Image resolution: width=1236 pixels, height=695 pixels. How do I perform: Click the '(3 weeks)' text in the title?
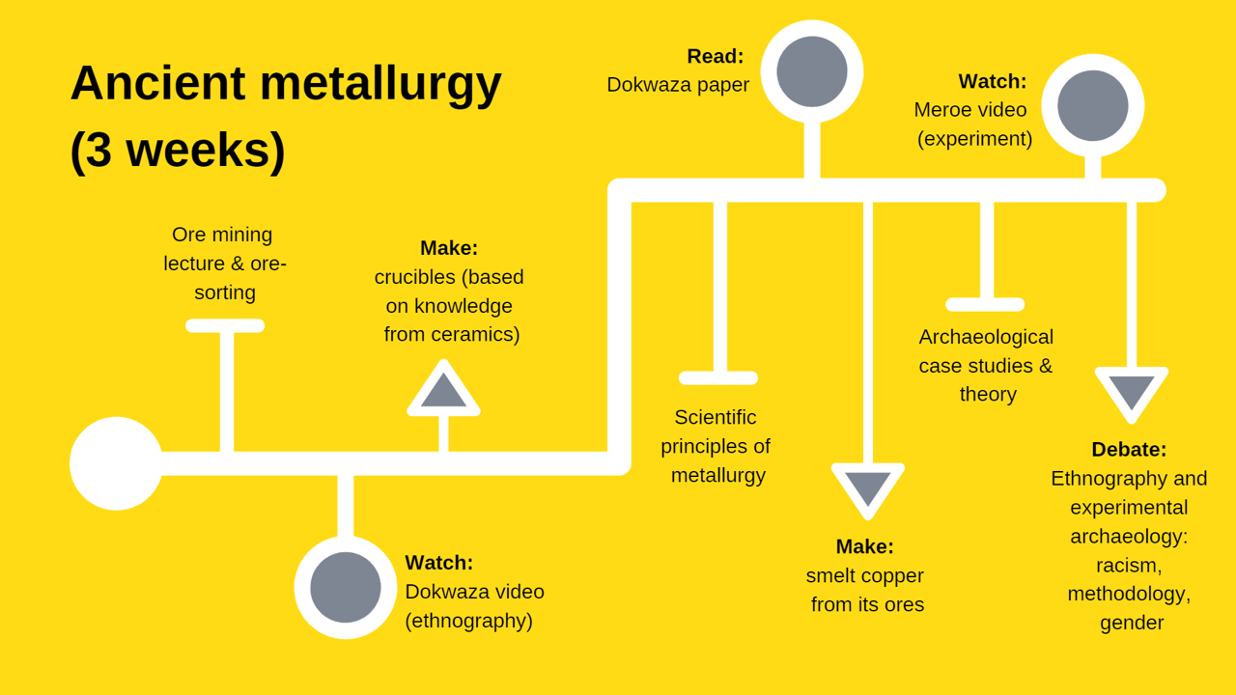[x=178, y=151]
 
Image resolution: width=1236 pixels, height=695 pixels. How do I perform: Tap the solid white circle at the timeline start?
[x=116, y=463]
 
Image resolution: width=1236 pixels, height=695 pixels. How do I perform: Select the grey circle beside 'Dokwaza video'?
[x=346, y=587]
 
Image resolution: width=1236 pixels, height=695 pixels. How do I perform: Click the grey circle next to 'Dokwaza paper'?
[x=812, y=71]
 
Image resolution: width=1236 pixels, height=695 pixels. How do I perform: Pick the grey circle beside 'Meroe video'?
[x=1093, y=105]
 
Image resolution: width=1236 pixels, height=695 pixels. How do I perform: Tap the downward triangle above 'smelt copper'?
[x=868, y=486]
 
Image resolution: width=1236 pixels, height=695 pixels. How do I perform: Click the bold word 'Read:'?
[x=716, y=56]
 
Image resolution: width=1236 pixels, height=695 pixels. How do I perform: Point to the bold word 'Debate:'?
[x=1129, y=450]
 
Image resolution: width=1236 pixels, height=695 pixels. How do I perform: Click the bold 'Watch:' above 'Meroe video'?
[x=993, y=81]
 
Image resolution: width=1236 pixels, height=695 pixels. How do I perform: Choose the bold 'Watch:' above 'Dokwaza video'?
[x=439, y=563]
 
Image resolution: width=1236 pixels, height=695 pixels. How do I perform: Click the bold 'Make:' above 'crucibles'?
[x=449, y=248]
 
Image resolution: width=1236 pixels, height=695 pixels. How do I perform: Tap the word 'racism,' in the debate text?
[x=1129, y=565]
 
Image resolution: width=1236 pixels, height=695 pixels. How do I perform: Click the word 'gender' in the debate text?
[x=1132, y=623]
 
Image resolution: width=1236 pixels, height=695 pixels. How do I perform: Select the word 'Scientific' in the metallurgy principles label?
[x=716, y=417]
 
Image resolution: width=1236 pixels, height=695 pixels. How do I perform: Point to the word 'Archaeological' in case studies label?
[x=986, y=337]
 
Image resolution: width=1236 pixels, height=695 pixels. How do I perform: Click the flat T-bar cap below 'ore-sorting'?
[x=225, y=326]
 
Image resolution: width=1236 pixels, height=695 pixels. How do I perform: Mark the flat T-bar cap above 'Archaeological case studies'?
[x=985, y=305]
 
